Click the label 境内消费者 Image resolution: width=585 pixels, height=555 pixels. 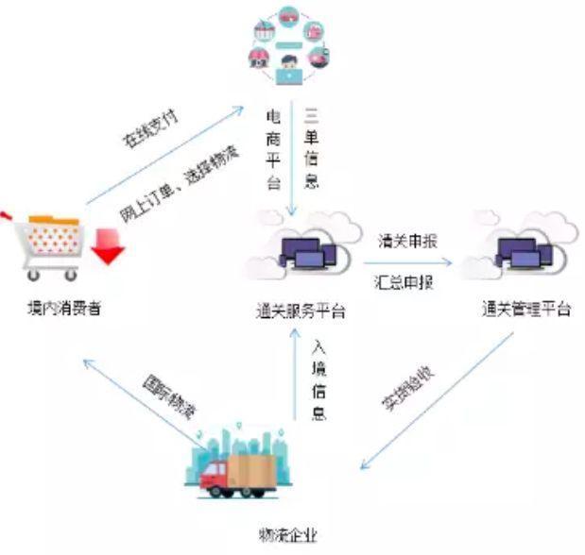(64, 309)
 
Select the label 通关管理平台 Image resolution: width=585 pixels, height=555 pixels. (525, 309)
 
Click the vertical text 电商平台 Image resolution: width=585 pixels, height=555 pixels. (274, 149)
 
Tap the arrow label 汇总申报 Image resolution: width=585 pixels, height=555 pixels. (406, 280)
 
